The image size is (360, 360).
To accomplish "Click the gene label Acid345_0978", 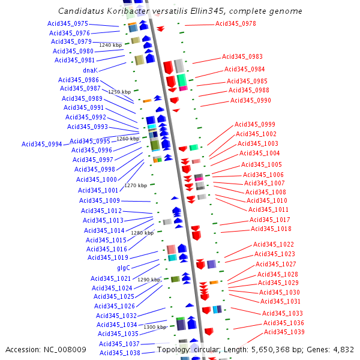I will pos(236,23).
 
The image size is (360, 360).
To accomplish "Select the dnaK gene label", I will pos(90,70).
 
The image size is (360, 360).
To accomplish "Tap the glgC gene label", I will pos(124,268).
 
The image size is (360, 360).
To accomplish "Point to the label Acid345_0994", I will pos(42,144).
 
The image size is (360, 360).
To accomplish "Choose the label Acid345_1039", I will pos(284,332).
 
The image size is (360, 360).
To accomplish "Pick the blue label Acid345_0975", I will pos(68,23).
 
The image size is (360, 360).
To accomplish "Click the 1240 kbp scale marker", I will pos(110,45).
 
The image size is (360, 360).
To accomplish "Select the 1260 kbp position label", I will pos(128,139).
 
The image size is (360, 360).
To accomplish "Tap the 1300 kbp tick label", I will pos(155,327).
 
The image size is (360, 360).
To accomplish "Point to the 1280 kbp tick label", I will pos(142,233).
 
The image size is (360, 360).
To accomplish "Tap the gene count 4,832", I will pos(343,349).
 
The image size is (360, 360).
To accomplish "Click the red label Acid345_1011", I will pos(269,209).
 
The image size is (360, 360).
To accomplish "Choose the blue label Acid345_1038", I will pos(119,353).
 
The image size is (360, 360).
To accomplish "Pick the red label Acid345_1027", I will pos(276,264).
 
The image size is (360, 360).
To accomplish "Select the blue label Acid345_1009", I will pos(100,200).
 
